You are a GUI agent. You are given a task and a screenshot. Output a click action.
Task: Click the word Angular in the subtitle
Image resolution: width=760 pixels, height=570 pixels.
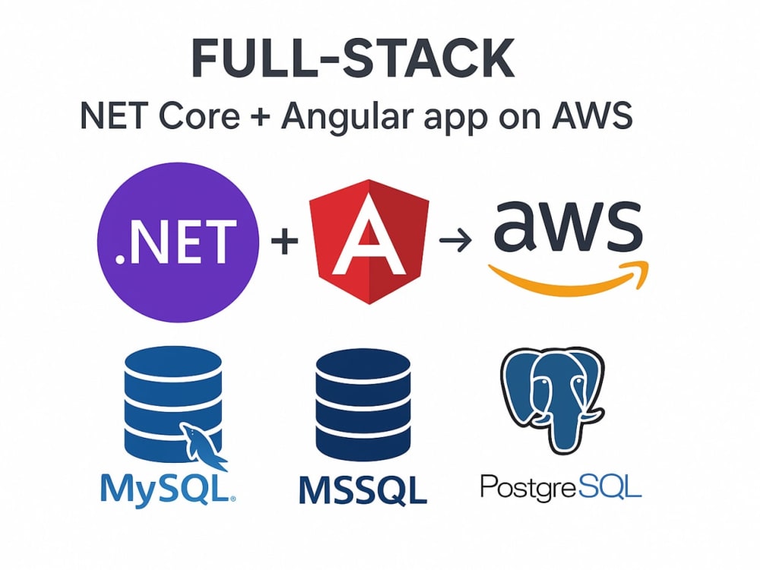[347, 117]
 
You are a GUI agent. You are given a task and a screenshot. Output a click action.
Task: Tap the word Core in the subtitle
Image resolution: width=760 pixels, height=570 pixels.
[199, 116]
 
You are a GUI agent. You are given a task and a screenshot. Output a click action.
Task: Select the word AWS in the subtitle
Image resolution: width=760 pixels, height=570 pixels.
[592, 116]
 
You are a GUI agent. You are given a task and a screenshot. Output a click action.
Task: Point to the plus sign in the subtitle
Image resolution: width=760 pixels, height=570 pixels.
[261, 117]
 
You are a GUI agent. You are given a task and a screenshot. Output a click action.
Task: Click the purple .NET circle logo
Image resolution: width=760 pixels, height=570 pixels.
[178, 242]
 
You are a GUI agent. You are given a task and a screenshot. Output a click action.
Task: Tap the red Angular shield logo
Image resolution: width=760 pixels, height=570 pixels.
[369, 242]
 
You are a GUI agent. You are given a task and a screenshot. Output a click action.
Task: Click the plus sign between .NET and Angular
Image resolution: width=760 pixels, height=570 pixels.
[284, 240]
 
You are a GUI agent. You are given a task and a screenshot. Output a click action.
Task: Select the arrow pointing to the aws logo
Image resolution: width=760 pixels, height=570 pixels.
[455, 240]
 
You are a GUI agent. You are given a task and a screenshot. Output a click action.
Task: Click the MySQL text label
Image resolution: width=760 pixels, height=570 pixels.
[168, 489]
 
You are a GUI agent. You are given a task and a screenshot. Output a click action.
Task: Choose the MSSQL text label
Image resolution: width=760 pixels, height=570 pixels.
[363, 490]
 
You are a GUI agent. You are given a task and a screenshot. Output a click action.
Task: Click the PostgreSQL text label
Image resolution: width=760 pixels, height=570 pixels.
[561, 487]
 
